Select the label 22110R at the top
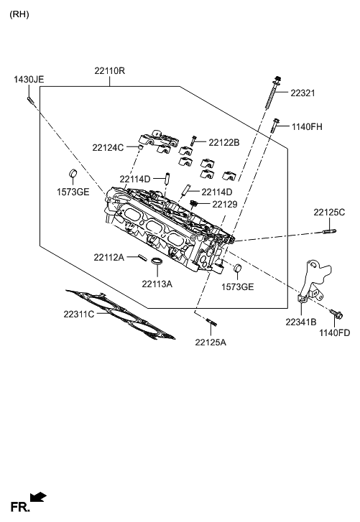point(109,72)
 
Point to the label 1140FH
point(307,127)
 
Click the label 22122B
point(223,142)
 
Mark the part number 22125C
point(329,212)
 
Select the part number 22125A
point(210,342)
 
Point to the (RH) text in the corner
point(19,14)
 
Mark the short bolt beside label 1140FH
point(275,126)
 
